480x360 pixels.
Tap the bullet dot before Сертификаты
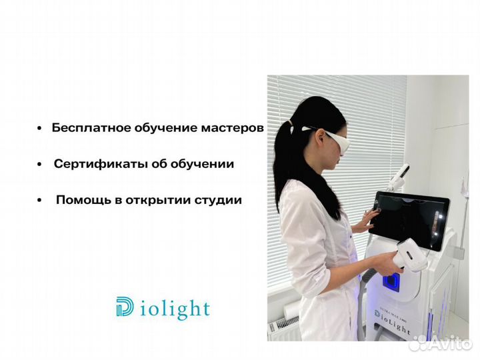tap(40, 165)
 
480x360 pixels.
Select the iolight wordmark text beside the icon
tap(175, 309)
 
